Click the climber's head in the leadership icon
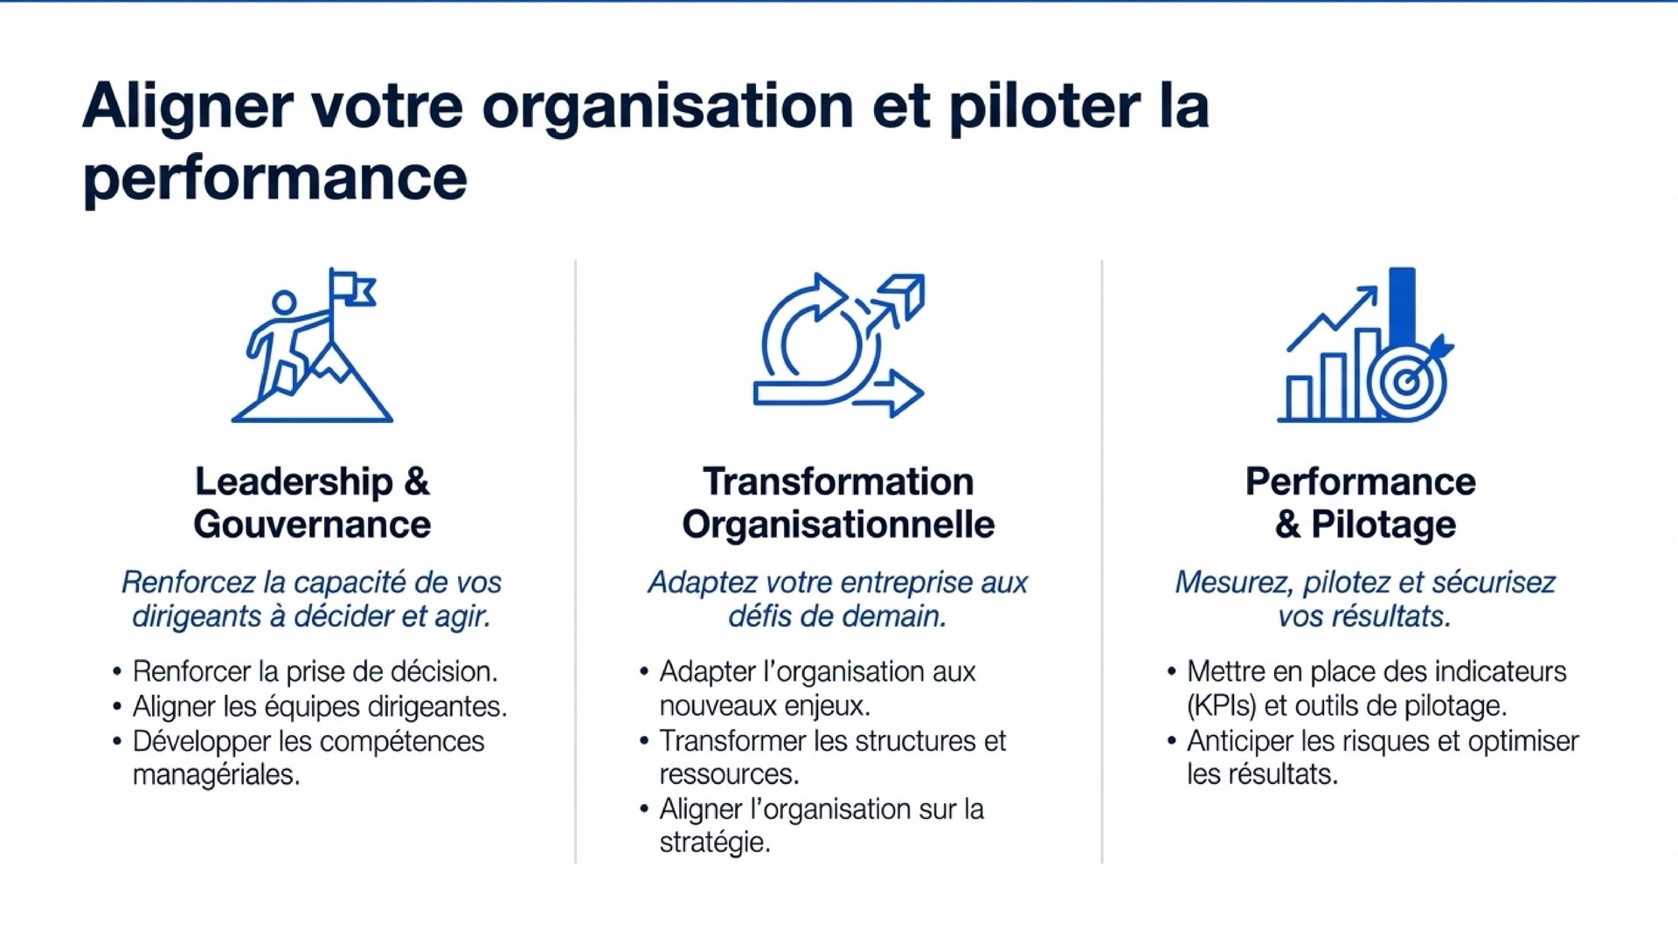284,302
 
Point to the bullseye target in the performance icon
1406,383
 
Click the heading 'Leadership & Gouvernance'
312,503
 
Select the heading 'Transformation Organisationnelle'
838,503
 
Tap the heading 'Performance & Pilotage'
1362,503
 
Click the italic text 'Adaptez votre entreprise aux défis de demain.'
838,600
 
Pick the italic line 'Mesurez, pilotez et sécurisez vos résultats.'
1364,600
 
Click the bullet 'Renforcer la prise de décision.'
315,671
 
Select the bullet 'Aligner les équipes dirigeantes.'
320,706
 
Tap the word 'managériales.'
216,774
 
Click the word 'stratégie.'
715,842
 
